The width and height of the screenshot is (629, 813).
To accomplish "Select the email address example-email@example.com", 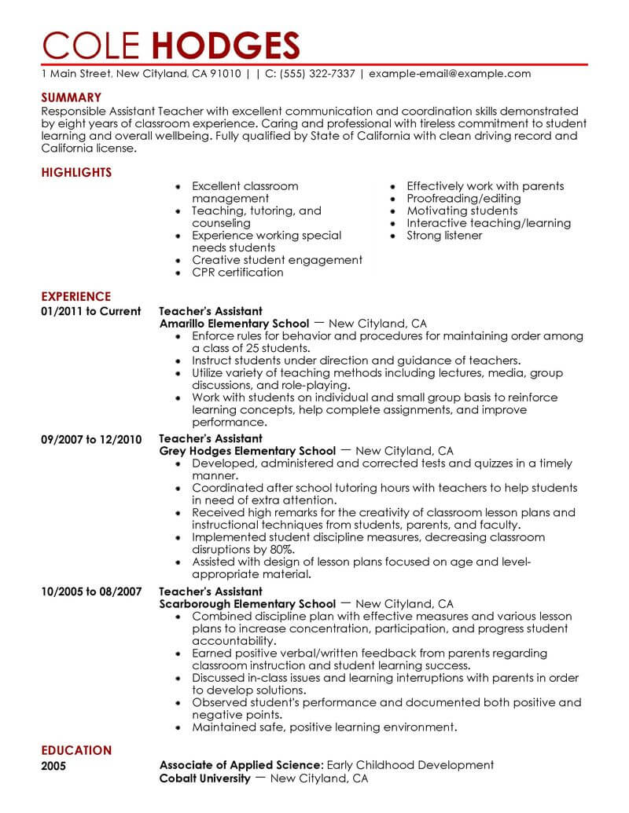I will pos(450,74).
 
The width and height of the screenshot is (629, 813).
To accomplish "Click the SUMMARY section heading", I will pos(72,97).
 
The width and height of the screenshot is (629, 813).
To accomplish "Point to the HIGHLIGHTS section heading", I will pos(76,172).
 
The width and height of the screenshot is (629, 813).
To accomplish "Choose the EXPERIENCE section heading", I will pos(75,296).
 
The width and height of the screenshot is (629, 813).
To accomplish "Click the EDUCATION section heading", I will pos(75,750).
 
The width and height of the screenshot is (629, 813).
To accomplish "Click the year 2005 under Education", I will pos(54,765).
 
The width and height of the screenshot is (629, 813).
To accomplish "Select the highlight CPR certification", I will pos(237,272).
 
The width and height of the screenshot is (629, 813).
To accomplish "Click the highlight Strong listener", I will pos(444,236).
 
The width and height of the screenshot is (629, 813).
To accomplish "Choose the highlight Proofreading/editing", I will pos(464,199).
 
